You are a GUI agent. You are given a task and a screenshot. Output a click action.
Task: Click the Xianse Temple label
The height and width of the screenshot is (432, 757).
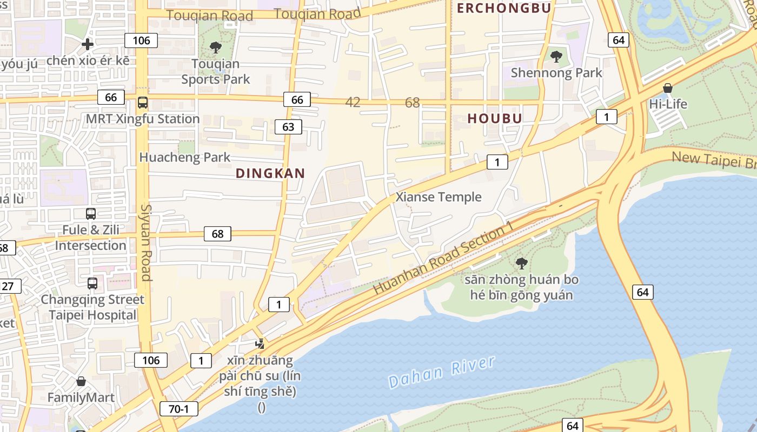[439, 197]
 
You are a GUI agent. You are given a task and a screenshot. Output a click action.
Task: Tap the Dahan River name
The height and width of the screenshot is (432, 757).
[442, 372]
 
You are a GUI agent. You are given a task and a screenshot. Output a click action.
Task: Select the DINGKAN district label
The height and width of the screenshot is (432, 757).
[270, 173]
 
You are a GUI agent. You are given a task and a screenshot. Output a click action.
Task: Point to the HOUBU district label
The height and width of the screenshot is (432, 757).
[495, 118]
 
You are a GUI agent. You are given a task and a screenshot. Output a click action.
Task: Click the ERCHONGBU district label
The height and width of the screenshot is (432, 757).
[504, 8]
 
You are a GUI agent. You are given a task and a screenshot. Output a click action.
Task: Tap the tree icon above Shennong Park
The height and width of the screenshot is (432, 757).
[556, 56]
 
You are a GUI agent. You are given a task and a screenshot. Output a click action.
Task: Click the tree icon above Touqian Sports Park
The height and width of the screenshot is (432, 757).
[216, 48]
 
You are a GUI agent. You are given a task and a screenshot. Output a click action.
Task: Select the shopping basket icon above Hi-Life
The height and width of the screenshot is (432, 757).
[668, 88]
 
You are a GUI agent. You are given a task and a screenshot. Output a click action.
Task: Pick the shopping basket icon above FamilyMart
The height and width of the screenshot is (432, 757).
[81, 381]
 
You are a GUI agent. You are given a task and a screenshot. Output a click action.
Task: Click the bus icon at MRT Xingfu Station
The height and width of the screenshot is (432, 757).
[143, 103]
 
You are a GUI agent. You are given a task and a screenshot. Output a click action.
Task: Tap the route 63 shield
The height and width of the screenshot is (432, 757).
[288, 127]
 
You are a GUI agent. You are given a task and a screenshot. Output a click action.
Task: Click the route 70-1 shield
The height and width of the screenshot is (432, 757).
[178, 409]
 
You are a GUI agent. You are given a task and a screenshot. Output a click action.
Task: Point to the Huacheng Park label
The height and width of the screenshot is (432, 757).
[185, 158]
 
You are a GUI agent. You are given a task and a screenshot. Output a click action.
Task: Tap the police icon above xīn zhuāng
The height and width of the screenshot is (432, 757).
[260, 343]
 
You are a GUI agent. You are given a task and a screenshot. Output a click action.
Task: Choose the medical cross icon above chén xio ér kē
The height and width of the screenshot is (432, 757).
[88, 44]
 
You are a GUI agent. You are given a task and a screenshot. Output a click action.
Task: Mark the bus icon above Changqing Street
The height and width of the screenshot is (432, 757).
[92, 283]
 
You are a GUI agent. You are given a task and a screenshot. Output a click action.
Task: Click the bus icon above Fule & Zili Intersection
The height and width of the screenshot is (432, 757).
[91, 214]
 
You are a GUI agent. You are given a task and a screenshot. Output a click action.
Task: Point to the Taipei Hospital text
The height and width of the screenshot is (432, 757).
[93, 315]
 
